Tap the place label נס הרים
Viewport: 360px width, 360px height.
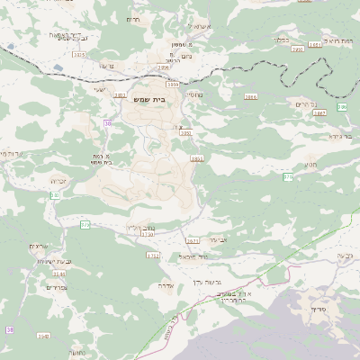coord(305,103)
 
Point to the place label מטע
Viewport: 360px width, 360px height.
coord(310,166)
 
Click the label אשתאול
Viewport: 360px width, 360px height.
coord(201,27)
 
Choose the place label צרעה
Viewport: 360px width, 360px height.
coord(109,66)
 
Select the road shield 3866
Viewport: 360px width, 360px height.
coord(251,96)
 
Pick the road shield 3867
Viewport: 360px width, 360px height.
coord(319,113)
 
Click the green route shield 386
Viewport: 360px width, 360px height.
coord(342,107)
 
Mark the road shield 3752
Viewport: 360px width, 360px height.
coord(152,256)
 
